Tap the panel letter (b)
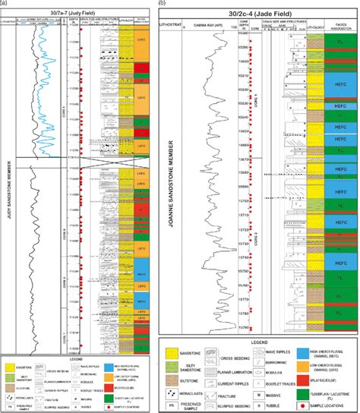coord(161,5)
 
